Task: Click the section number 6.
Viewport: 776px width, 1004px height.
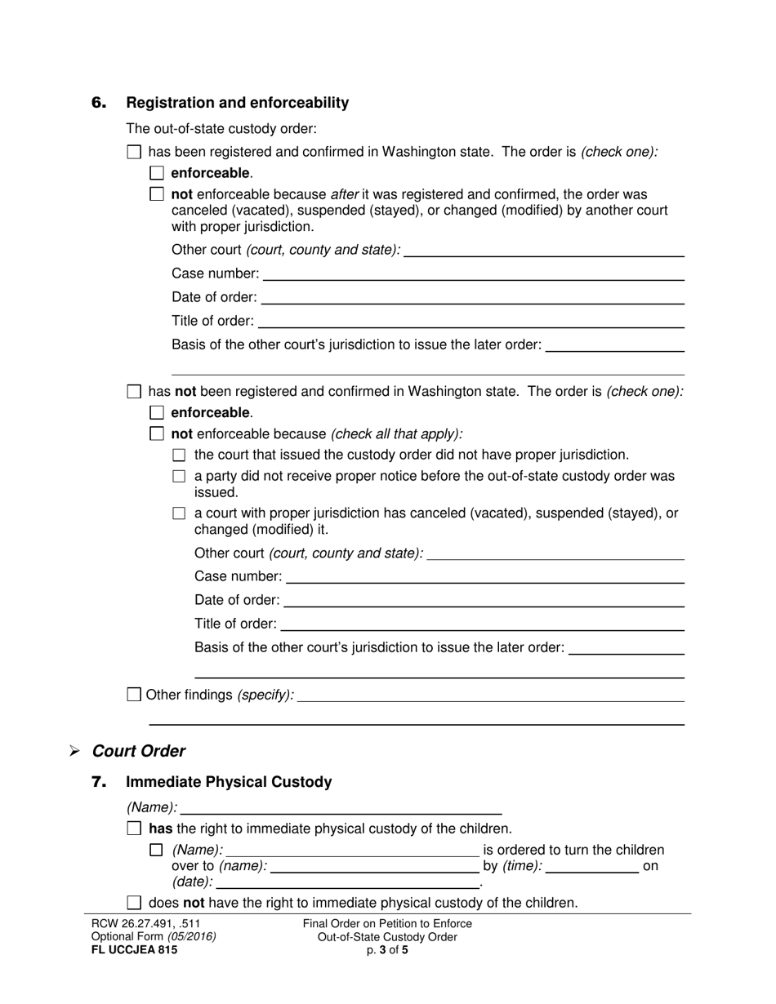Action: click(99, 103)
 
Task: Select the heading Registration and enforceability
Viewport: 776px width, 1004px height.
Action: click(237, 103)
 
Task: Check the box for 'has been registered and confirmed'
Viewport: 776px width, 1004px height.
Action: click(135, 152)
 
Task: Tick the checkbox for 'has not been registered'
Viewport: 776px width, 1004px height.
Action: click(135, 392)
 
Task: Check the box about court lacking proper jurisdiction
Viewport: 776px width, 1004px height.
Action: click(180, 455)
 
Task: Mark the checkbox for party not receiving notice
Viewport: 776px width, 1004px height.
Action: click(180, 477)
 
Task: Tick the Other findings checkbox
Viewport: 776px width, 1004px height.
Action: click(135, 695)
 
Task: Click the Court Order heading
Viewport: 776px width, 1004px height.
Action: click(139, 751)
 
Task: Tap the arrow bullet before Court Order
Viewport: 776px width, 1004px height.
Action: click(75, 751)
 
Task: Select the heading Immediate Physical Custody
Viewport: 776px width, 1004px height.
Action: click(229, 782)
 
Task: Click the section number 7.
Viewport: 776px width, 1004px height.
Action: click(99, 782)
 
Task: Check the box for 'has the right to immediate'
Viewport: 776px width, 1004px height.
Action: click(135, 829)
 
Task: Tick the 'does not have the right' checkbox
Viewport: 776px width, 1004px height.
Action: click(135, 903)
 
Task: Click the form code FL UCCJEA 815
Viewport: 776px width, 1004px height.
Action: click(134, 950)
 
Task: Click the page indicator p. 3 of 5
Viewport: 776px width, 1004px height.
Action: click(387, 950)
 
